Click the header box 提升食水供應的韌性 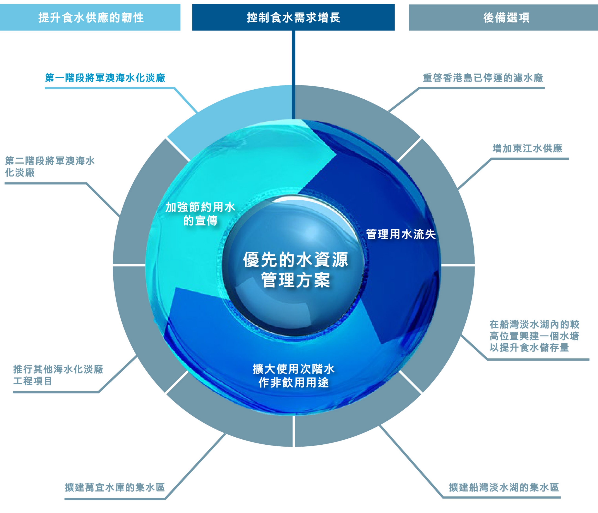pos(90,17)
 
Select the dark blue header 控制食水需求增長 pos(293,17)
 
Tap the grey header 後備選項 pos(503,17)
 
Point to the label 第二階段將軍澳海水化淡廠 pos(50,167)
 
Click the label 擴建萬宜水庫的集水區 pos(115,487)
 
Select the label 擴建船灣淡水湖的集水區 pos(504,487)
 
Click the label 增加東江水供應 pos(527,148)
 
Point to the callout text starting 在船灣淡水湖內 pos(534,336)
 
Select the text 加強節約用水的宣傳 pos(200,214)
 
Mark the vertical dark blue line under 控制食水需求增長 pos(293,75)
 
